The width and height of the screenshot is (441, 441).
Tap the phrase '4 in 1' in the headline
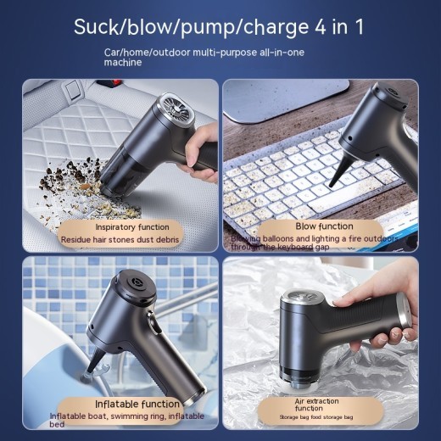click(333, 26)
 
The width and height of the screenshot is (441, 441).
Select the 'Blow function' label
click(324, 226)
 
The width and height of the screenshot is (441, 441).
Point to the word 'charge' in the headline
click(264, 26)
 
